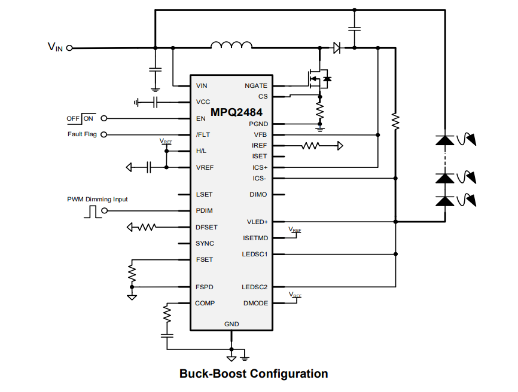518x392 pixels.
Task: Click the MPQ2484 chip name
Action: pyautogui.click(x=236, y=112)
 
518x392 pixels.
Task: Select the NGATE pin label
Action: pyautogui.click(x=256, y=86)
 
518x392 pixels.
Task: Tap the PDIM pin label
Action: pyautogui.click(x=204, y=211)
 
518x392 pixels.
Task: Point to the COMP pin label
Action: pyautogui.click(x=205, y=304)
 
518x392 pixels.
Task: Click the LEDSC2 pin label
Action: pyautogui.click(x=255, y=287)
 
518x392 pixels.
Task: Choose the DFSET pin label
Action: pyautogui.click(x=206, y=227)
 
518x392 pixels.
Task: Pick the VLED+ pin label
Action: pyautogui.click(x=257, y=222)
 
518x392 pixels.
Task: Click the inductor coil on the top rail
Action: pyautogui.click(x=231, y=45)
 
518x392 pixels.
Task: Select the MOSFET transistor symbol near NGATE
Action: pyautogui.click(x=318, y=78)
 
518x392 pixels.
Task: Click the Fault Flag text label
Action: pyautogui.click(x=82, y=134)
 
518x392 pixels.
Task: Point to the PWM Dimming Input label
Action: pyautogui.click(x=97, y=200)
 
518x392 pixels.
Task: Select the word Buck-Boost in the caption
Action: pyautogui.click(x=212, y=374)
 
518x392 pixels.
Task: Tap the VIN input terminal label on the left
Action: pyautogui.click(x=55, y=47)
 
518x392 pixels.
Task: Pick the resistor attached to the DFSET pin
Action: pyautogui.click(x=146, y=227)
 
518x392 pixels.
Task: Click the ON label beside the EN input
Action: pyautogui.click(x=89, y=118)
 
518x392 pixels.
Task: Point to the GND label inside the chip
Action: pyautogui.click(x=231, y=324)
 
